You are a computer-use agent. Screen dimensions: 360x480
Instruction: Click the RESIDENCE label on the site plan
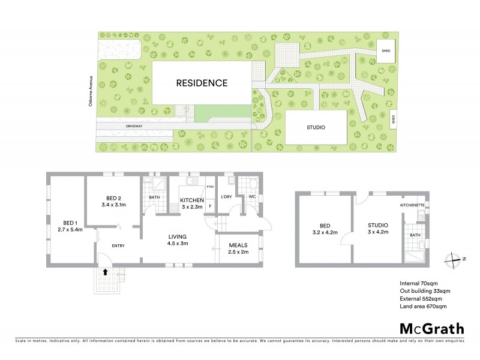tap(202, 83)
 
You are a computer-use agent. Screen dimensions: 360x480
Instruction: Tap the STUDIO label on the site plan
tap(316, 127)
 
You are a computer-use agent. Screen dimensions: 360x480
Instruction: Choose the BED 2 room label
tap(115, 202)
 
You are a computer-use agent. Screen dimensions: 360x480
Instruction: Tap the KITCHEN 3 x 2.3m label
tap(192, 203)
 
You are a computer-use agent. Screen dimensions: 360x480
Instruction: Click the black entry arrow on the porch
tap(106, 272)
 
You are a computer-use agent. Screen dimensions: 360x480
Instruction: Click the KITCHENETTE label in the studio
tap(412, 206)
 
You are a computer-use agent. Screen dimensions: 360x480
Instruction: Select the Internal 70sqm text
tap(418, 283)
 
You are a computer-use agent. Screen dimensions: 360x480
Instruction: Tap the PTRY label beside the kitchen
tap(210, 188)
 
